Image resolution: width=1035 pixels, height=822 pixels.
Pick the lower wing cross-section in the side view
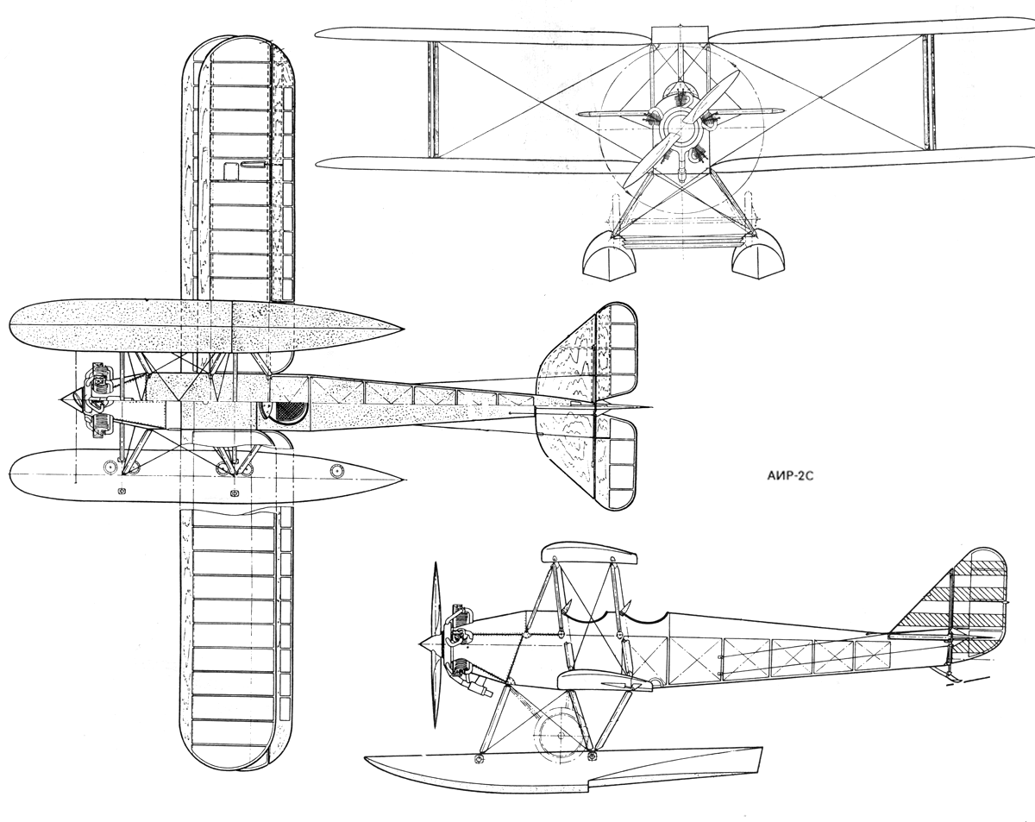[x=604, y=681]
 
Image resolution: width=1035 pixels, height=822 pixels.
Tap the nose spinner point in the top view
[x=63, y=398]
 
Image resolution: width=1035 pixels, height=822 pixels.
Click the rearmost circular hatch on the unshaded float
[x=336, y=469]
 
